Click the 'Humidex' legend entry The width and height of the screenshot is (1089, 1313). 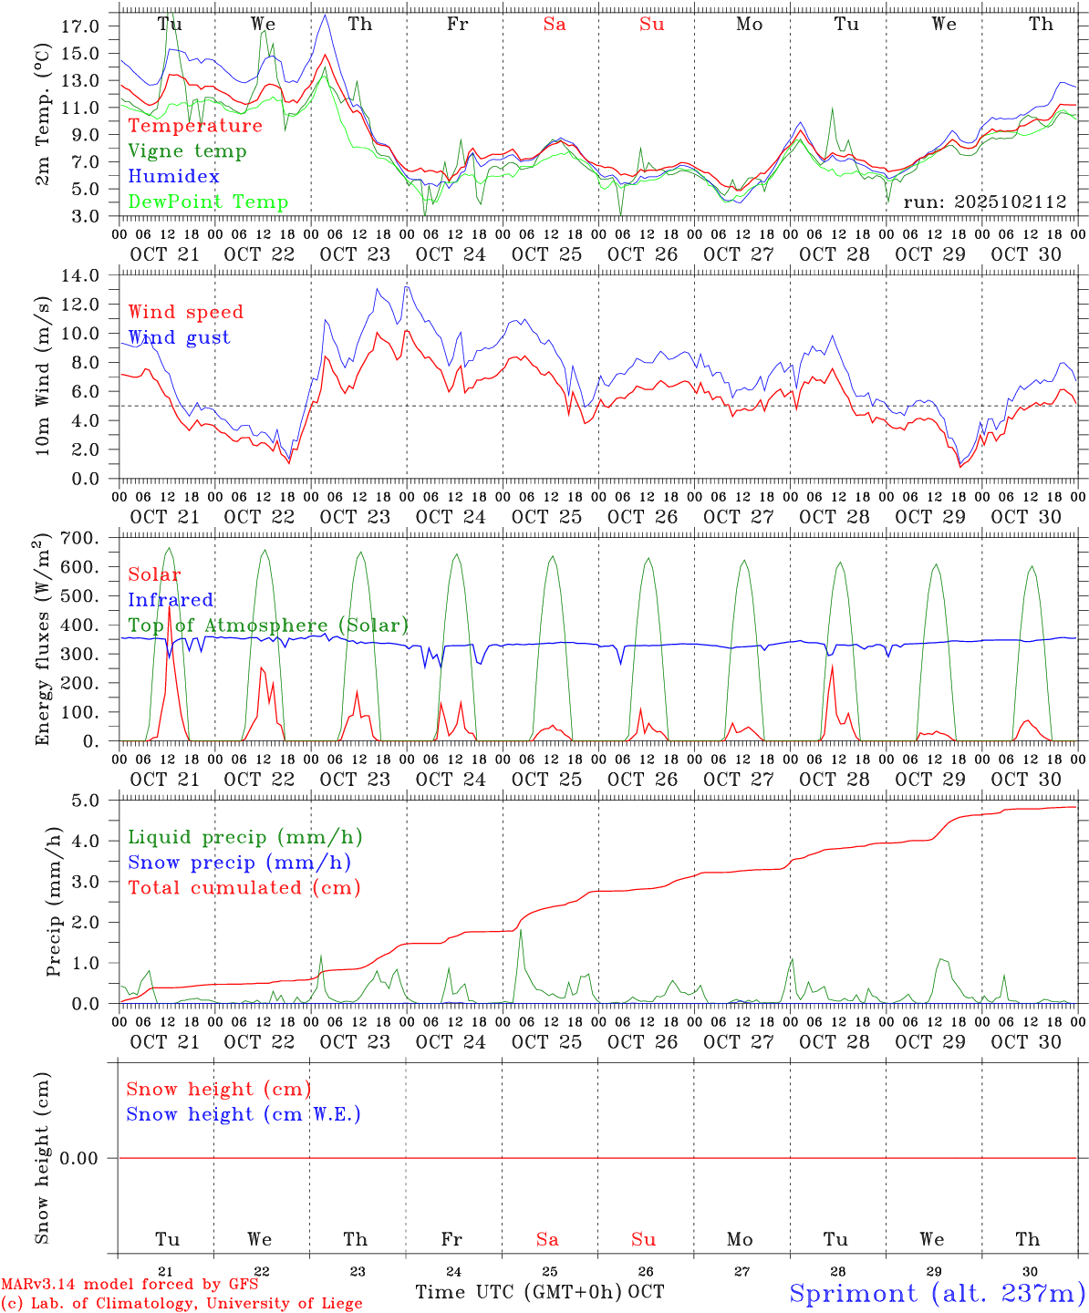173,176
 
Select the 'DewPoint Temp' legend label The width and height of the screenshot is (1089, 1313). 208,202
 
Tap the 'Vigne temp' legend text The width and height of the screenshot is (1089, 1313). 187,150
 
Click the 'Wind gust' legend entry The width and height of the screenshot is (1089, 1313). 179,337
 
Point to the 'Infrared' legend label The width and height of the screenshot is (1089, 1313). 171,600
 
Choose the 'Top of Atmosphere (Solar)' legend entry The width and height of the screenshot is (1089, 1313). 268,625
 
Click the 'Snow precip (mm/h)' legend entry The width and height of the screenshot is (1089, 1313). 239,863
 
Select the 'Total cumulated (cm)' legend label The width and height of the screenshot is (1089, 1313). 244,887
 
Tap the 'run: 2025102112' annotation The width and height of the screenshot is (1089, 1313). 984,202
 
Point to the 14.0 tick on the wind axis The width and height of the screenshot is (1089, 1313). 83,275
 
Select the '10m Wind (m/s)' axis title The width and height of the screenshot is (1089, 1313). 42,377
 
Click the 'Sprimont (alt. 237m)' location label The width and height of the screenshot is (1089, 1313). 937,1293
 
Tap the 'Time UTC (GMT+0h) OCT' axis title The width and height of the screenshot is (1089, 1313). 539,1291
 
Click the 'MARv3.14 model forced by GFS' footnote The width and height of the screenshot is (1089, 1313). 130,1284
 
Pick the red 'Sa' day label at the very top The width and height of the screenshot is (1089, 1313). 555,25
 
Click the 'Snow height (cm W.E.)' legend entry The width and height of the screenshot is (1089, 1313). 243,1114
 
